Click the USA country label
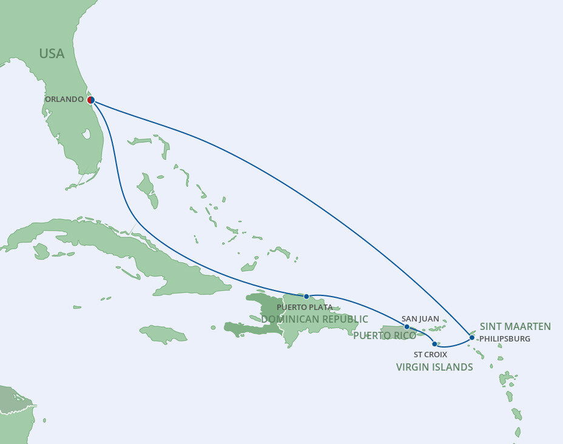tap(52, 53)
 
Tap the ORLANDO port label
tap(64, 99)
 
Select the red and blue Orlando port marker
tap(90, 99)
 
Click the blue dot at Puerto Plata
tap(306, 297)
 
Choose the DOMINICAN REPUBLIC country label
tap(314, 319)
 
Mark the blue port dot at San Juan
tap(406, 326)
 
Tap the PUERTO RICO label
tap(385, 335)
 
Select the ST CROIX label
tap(430, 354)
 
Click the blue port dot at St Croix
tap(434, 344)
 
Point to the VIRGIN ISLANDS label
tap(434, 367)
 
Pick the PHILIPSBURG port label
tap(504, 338)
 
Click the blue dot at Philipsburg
tap(472, 337)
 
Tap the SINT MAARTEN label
tap(515, 326)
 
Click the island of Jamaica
tap(163, 334)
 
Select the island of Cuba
tap(121, 243)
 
